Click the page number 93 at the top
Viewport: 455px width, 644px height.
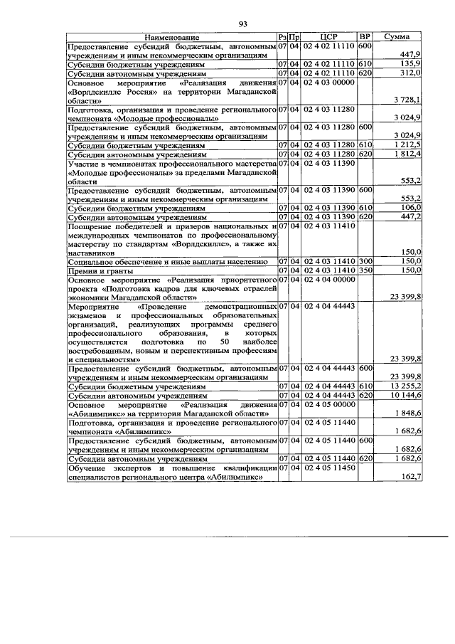point(242,24)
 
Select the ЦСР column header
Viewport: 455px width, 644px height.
point(328,36)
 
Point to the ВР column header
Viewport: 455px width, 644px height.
point(365,36)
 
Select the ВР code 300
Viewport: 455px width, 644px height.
point(365,261)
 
